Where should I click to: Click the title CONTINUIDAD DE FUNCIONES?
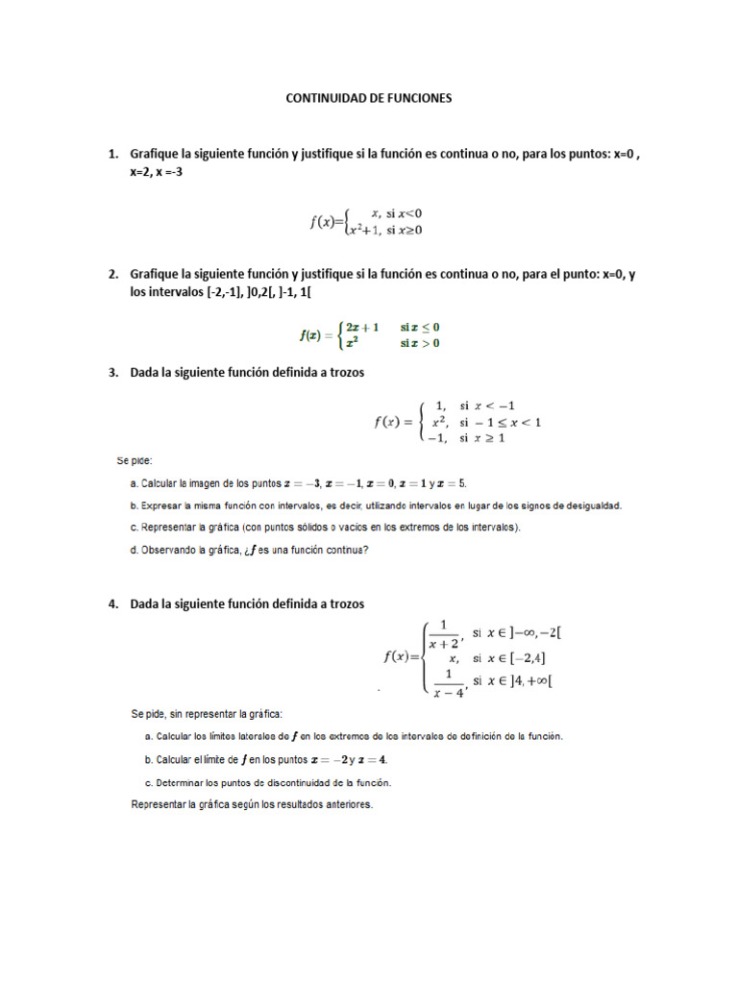point(369,98)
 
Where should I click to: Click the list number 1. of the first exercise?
point(113,154)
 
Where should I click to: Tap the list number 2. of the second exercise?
point(113,274)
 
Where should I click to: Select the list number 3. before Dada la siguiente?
point(113,373)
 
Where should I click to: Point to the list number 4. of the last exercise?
point(113,603)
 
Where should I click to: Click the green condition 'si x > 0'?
point(420,343)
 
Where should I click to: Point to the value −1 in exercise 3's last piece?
point(439,438)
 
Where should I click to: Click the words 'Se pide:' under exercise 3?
point(135,460)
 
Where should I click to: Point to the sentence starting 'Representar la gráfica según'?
point(252,804)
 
